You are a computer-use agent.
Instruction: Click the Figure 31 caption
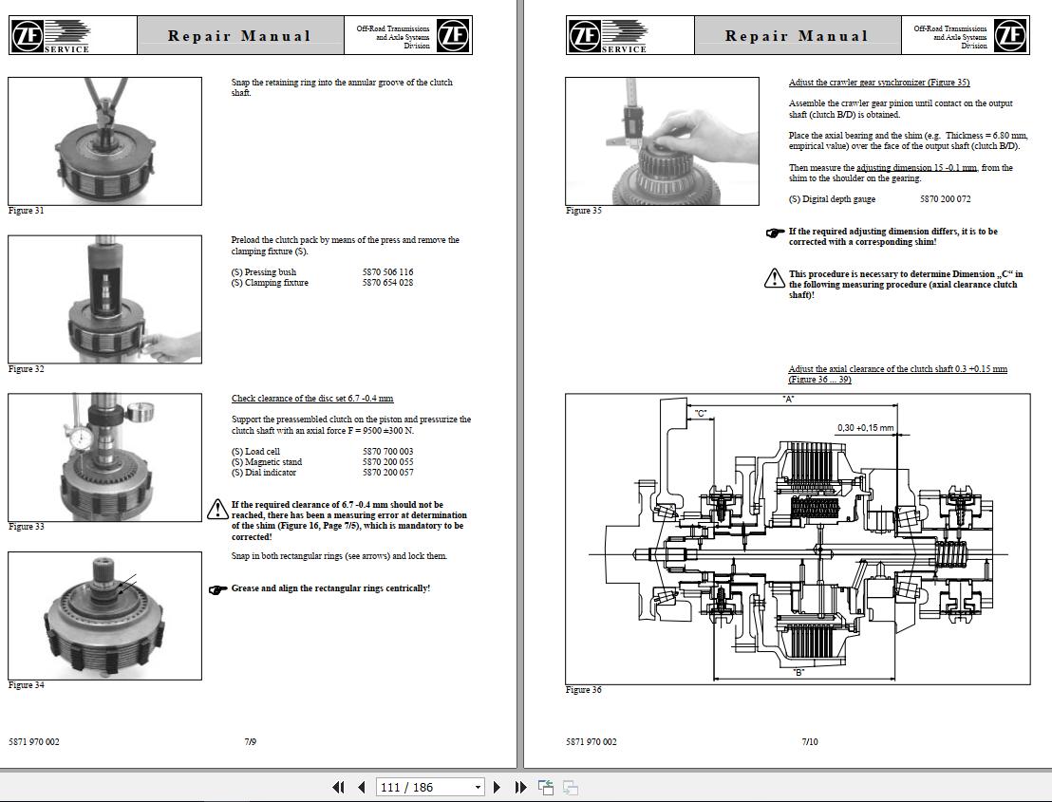click(x=27, y=211)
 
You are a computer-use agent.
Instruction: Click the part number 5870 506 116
click(x=387, y=272)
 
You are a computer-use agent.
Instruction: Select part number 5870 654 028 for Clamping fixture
click(x=387, y=283)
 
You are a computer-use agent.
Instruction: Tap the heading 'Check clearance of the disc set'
click(x=311, y=399)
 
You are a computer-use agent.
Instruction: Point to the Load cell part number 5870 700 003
click(x=387, y=452)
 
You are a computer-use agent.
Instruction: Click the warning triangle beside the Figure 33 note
click(x=217, y=511)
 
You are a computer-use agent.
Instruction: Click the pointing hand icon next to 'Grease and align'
click(x=217, y=589)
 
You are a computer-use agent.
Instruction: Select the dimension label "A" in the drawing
click(x=788, y=400)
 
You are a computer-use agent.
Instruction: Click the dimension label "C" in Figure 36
click(x=701, y=414)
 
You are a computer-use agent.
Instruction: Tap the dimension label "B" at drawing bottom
click(x=798, y=672)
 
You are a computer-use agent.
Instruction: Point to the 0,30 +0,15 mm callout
click(x=864, y=428)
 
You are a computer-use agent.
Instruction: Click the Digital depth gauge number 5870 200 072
click(x=945, y=199)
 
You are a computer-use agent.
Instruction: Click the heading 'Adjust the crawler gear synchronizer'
click(x=878, y=83)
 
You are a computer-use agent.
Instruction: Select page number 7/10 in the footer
click(x=809, y=741)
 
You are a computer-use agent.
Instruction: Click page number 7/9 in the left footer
click(x=250, y=741)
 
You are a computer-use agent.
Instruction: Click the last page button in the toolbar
click(x=520, y=787)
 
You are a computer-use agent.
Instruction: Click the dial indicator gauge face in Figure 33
click(x=82, y=438)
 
